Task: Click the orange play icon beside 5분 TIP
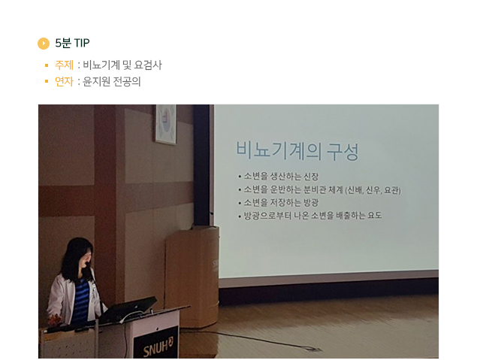tap(44, 43)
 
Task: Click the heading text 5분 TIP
tap(72, 43)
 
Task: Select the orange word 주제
tap(64, 65)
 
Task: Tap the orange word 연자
tap(64, 82)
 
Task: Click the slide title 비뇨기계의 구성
tap(297, 150)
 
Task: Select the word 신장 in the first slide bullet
tap(311, 176)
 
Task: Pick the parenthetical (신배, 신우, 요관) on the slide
tap(373, 190)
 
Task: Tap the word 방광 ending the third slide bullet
tap(311, 202)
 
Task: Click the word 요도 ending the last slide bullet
tap(375, 216)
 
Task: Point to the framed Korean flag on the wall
tap(166, 124)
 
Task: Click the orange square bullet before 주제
tap(47, 65)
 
